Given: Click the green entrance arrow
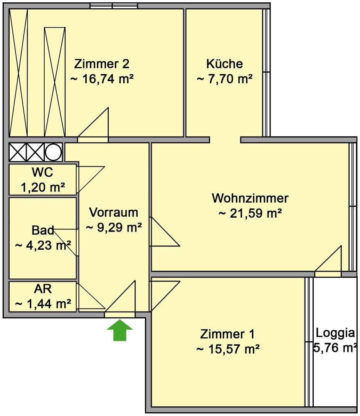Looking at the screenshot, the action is pyautogui.click(x=120, y=330).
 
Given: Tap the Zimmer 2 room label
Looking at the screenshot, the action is pyautogui.click(x=102, y=64).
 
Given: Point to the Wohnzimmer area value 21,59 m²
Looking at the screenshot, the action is pyautogui.click(x=250, y=213).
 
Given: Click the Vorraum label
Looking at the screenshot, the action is pyautogui.click(x=114, y=212).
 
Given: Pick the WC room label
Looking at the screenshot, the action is pyautogui.click(x=42, y=172).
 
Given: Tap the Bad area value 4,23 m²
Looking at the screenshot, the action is pyautogui.click(x=43, y=246).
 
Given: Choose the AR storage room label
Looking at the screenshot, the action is pyautogui.click(x=43, y=289).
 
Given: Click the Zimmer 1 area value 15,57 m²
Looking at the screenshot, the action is pyautogui.click(x=228, y=349).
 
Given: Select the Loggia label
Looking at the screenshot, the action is pyautogui.click(x=335, y=333).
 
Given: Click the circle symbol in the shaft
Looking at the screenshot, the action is pyautogui.click(x=53, y=152).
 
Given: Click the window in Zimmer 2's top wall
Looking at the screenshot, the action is pyautogui.click(x=114, y=6).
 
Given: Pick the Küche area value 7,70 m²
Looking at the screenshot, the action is pyautogui.click(x=225, y=79).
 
